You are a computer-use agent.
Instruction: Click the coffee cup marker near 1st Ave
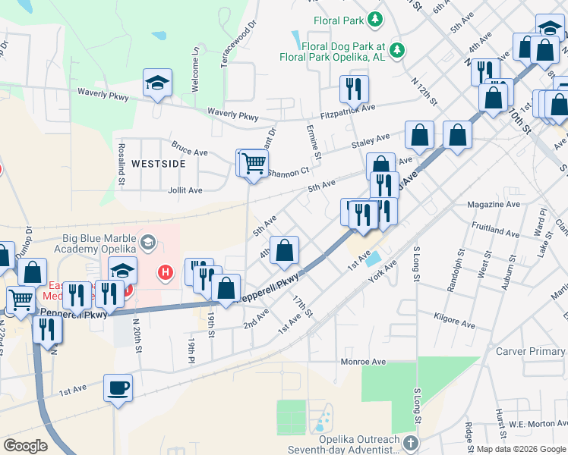tap(118, 389)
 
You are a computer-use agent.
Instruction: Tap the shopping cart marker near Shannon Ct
tap(254, 162)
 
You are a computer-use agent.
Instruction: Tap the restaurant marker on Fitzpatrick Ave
tap(354, 89)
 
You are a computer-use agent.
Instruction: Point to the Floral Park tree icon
tap(374, 18)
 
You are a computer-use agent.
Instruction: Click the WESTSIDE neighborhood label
tap(158, 163)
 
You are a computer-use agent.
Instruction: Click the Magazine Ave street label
tap(494, 204)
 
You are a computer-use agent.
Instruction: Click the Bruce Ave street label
tap(189, 151)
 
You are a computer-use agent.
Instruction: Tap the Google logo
tap(25, 446)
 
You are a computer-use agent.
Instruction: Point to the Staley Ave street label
tap(370, 141)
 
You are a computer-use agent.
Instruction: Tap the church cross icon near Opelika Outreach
tap(410, 442)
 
